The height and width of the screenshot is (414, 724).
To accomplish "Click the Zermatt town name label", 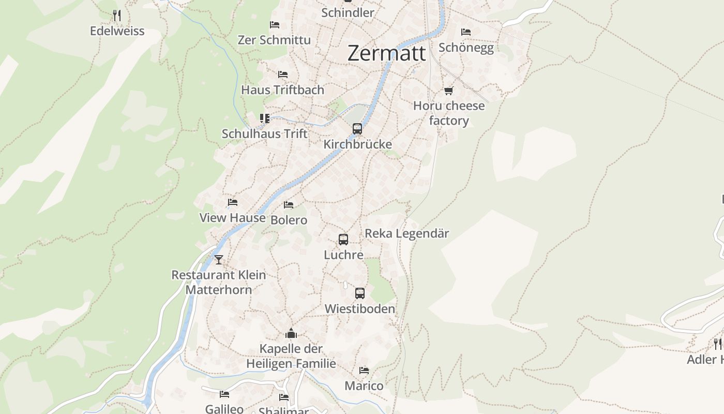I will (x=387, y=53).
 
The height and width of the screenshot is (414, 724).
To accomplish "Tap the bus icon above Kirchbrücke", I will (x=357, y=129).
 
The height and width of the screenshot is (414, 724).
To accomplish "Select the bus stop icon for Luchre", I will (x=343, y=240).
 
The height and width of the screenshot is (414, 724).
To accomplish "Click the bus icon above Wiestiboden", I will (x=360, y=293).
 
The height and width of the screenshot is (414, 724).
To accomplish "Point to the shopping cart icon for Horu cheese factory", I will (x=448, y=91).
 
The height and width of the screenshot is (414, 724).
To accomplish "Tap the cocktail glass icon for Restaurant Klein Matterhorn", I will (x=219, y=259).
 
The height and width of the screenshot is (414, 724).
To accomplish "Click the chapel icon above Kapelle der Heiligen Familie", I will (x=291, y=333).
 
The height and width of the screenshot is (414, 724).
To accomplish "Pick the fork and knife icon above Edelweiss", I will (x=117, y=16).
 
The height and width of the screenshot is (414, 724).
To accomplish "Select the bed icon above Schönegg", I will (x=466, y=32).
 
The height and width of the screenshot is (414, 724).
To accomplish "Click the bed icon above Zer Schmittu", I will (x=275, y=24).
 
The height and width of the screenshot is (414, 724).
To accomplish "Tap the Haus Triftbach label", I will (x=282, y=90).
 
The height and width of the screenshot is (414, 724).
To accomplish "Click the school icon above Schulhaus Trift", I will (x=265, y=119).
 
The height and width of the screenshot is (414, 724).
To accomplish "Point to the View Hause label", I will (x=233, y=218).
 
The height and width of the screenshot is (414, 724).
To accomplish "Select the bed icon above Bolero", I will (x=289, y=205).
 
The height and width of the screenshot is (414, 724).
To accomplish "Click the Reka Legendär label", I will (x=407, y=233).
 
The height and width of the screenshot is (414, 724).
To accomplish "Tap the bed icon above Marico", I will (x=364, y=371).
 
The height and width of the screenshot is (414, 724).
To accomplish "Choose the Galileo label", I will (x=224, y=409).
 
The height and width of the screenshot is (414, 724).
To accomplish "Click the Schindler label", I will (x=348, y=12).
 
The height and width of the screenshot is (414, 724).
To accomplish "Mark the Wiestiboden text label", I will (x=360, y=309).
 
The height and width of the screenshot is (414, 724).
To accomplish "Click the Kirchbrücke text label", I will (x=357, y=144).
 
